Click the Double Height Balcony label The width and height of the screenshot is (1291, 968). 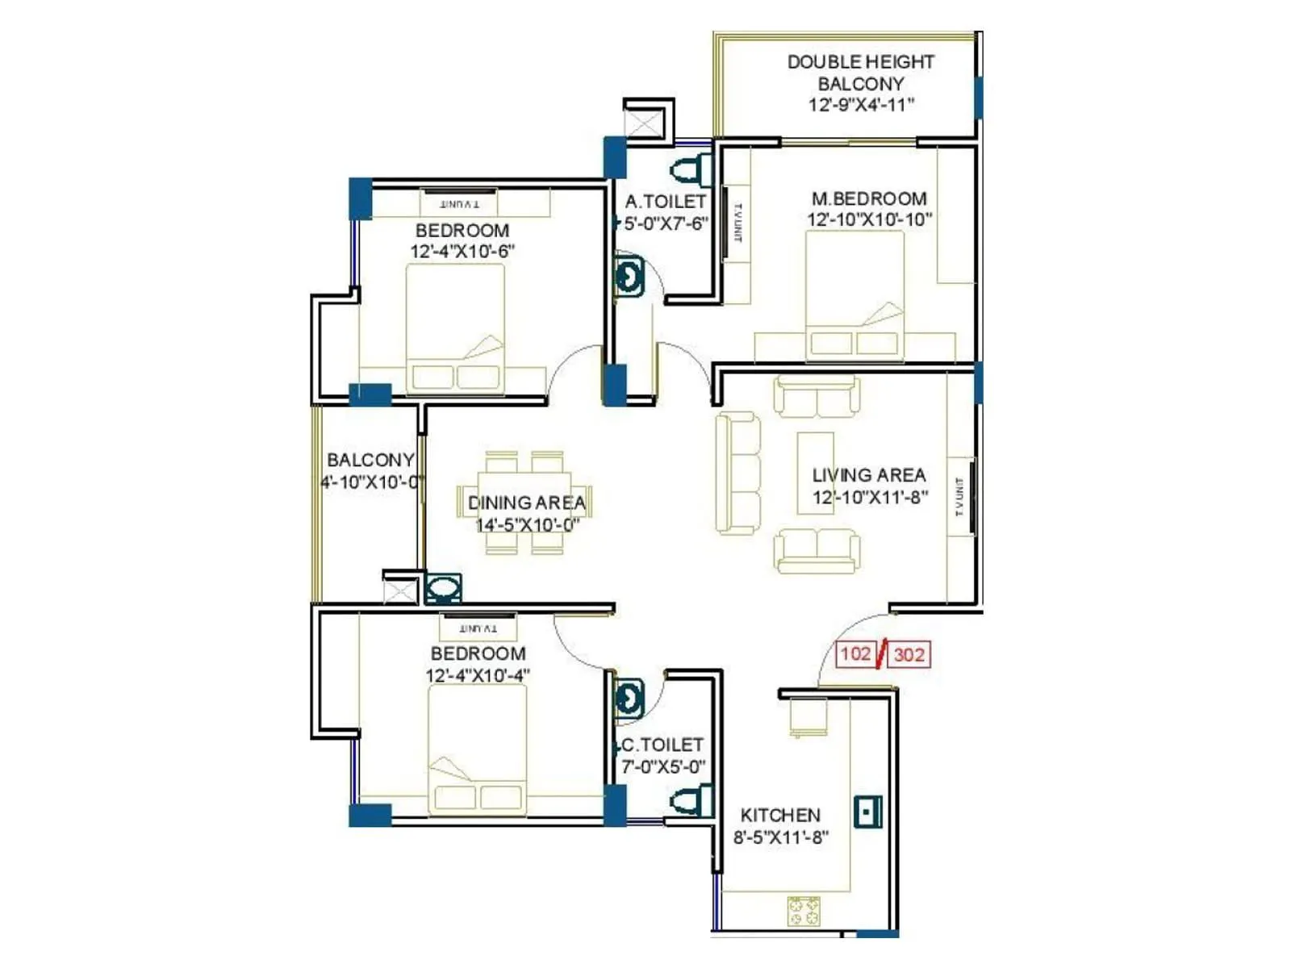pos(860,73)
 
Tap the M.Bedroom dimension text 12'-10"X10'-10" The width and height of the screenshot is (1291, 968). pos(869,219)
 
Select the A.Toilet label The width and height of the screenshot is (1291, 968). pos(665,202)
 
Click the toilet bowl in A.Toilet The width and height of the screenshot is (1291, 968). pos(688,170)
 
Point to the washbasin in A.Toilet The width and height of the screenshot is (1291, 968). pos(629,277)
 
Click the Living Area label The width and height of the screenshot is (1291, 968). pos(868,475)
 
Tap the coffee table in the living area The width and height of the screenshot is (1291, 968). pos(815,473)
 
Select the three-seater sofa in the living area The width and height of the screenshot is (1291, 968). pos(737,474)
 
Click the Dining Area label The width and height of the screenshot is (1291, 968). pos(526,503)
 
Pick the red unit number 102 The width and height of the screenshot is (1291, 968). pos(855,653)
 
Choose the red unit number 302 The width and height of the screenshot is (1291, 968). pos(909,654)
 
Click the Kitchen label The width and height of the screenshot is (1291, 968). pos(779,816)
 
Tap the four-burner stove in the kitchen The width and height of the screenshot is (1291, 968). pos(804,912)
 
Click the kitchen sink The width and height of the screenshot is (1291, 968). pos(867,812)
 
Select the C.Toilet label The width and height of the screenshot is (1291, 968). pos(660,745)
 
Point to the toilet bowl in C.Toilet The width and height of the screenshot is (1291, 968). pos(688,801)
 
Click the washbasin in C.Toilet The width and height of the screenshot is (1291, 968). pos(629,698)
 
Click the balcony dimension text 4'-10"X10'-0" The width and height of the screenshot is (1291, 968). pos(372,482)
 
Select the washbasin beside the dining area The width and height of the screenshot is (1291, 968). pos(443,588)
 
